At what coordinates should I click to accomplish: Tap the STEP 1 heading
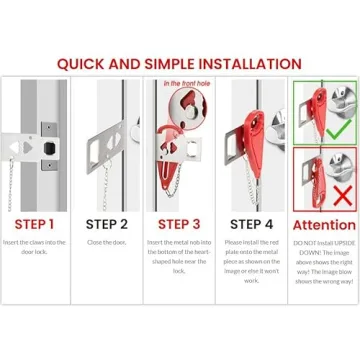pos(35,224)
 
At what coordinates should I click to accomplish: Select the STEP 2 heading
pos(107,224)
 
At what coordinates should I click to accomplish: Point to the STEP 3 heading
pos(179,224)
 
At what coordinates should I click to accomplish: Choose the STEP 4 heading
pos(251,224)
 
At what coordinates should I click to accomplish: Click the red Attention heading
pos(324,225)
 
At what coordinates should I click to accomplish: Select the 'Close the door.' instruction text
pos(107,244)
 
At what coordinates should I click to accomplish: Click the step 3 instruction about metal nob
pos(179,257)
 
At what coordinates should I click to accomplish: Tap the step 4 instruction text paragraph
pos(251,261)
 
